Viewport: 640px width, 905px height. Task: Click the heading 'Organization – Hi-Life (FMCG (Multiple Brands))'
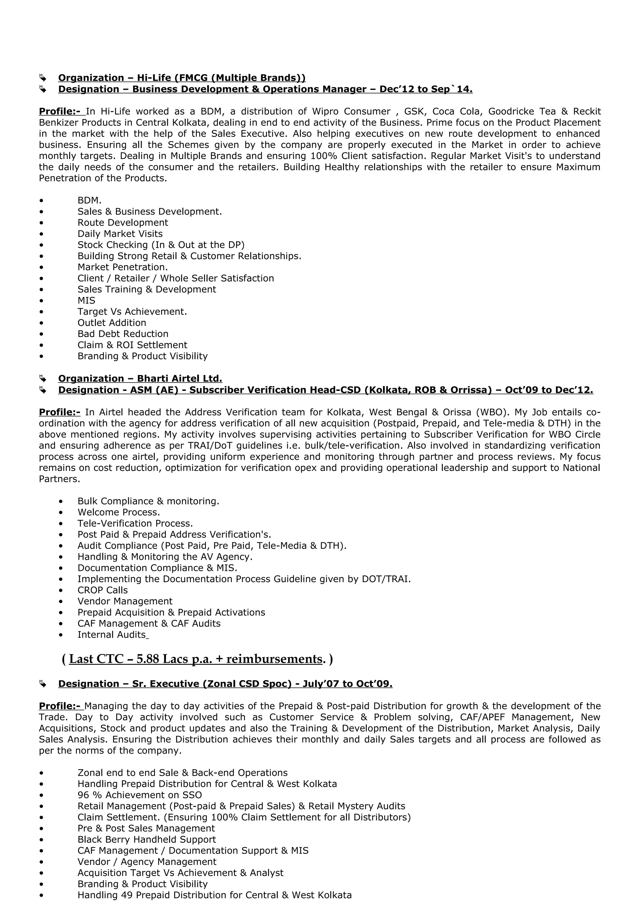click(182, 78)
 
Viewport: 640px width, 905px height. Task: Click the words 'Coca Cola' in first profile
click(457, 111)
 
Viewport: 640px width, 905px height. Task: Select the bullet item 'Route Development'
click(122, 223)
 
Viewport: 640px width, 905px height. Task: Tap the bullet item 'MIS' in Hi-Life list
click(86, 301)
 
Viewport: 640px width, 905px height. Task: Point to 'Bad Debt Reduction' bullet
click(122, 334)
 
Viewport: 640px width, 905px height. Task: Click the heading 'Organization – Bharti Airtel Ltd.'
click(140, 379)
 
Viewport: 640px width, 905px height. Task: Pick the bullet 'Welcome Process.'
click(119, 512)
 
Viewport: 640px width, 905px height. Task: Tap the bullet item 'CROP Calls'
click(102, 590)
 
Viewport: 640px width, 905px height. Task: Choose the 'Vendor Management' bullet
click(125, 601)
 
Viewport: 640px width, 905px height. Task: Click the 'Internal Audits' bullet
click(112, 635)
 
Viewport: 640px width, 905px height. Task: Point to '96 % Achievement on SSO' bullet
click(140, 795)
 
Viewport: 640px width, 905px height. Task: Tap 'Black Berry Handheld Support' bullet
click(147, 839)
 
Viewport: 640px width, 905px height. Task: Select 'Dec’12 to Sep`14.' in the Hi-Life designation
click(426, 90)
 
